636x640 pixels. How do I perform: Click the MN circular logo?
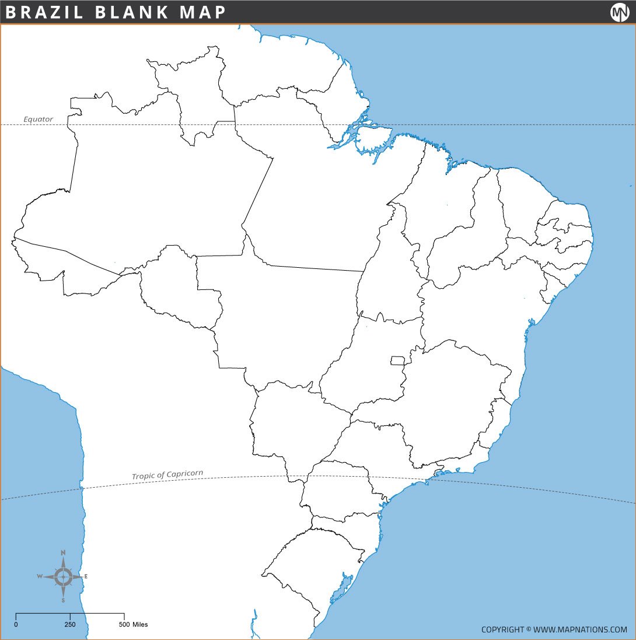[x=620, y=12]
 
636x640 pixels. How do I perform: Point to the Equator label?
[x=38, y=119]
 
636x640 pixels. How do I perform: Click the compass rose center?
[x=63, y=577]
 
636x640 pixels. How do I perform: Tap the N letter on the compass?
[x=63, y=552]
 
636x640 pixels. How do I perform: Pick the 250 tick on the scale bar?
[x=70, y=624]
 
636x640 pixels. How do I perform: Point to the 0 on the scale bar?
[x=16, y=624]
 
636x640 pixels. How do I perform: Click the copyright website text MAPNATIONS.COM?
[x=580, y=629]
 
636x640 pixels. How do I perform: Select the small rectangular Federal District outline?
[x=397, y=361]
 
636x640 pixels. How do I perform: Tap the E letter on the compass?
[x=86, y=577]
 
